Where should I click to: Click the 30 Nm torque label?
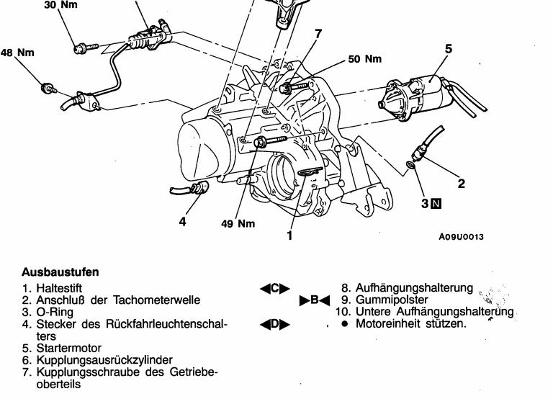(x=60, y=4)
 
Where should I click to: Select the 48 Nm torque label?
(x=17, y=53)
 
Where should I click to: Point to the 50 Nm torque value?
(x=365, y=59)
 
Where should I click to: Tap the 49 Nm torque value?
(x=238, y=223)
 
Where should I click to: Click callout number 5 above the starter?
(x=449, y=49)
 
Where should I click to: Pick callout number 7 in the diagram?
(x=318, y=34)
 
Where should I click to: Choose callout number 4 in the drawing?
(x=182, y=222)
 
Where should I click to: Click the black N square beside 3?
(x=436, y=204)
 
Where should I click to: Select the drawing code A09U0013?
(x=461, y=237)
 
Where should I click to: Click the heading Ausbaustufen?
(x=60, y=272)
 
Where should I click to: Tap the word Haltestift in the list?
(x=59, y=288)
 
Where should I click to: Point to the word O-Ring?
(x=55, y=313)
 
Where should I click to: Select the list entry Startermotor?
(x=69, y=348)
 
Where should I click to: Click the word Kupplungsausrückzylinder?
(x=104, y=360)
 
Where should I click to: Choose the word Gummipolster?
(x=392, y=300)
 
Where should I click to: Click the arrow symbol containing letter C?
(x=275, y=289)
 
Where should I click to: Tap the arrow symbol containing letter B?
(x=315, y=300)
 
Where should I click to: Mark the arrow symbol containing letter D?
(x=275, y=324)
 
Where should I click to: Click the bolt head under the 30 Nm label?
(x=80, y=48)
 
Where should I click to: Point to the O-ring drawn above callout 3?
(x=410, y=165)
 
